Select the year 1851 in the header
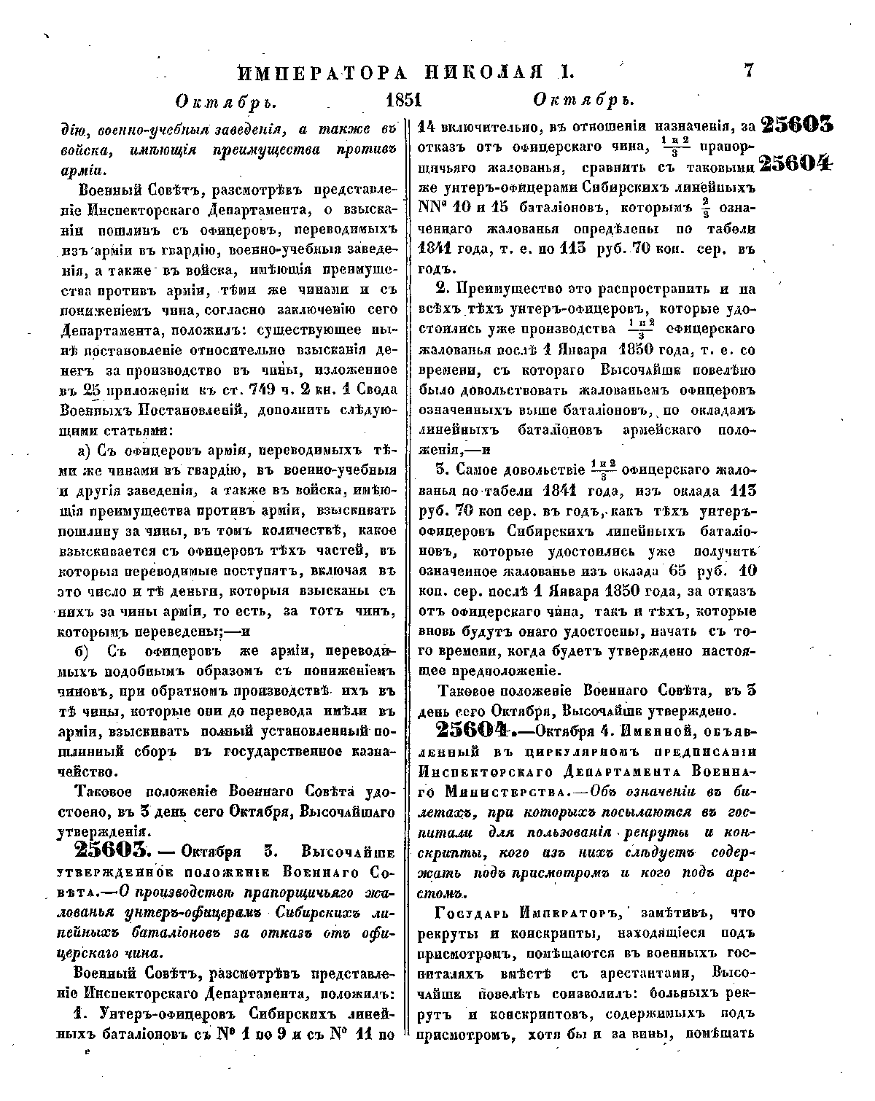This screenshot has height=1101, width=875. [x=404, y=100]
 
